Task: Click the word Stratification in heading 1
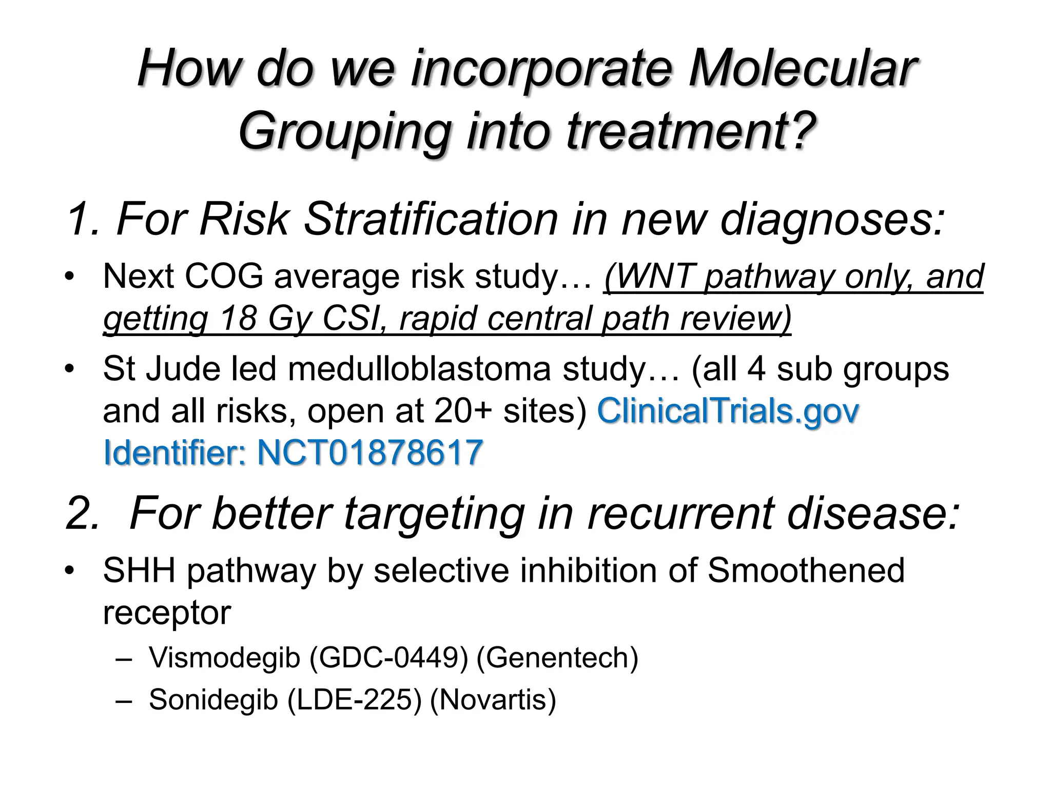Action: (x=431, y=220)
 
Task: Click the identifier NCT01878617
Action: (x=369, y=452)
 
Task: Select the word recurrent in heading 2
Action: (x=680, y=514)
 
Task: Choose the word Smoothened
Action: (x=806, y=570)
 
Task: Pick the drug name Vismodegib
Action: (x=224, y=658)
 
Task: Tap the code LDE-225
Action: (x=354, y=699)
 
